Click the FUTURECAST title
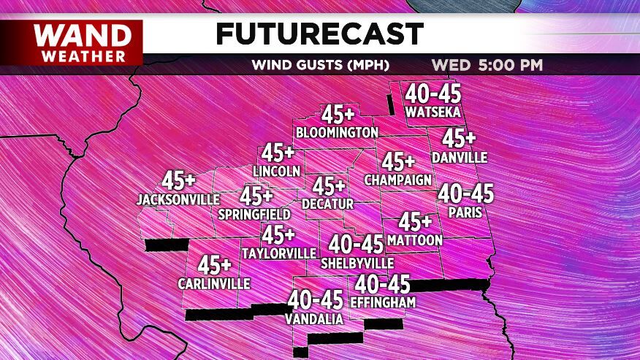coord(319,34)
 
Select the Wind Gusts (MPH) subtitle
coord(328,64)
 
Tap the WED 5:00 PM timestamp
coord(487,64)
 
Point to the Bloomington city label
coord(337,132)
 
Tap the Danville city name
coord(459,157)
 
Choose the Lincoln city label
coord(276,171)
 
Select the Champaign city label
coord(398,180)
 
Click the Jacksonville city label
coord(178,199)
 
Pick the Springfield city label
coord(254,214)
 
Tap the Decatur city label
coord(327,204)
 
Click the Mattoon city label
coord(415,240)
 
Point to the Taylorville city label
coord(278,253)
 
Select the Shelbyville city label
coord(357,263)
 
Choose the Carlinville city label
coord(213,283)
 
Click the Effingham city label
coord(383,302)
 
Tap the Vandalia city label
coord(315,319)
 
